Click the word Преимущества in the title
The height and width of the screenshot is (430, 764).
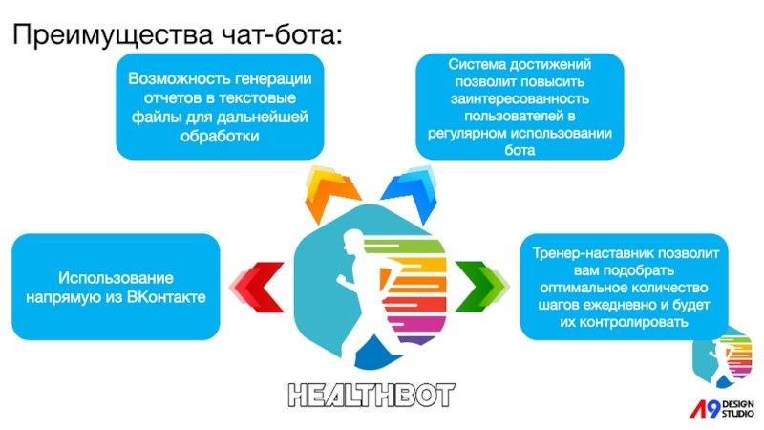113,35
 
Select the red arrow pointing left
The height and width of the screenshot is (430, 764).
257,287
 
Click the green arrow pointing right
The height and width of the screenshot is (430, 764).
481,286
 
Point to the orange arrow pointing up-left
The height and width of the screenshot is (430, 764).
329,194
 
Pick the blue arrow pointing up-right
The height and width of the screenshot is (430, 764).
410,194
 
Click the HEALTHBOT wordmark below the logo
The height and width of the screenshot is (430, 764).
371,396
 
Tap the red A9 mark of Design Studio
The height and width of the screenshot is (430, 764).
705,409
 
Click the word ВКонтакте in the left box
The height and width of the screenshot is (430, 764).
166,297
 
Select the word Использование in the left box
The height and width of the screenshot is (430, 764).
116,278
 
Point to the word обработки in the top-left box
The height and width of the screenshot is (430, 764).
220,136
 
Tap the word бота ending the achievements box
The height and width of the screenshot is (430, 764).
520,150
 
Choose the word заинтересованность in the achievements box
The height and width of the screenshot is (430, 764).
520,99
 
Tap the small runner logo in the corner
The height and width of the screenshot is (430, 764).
723,359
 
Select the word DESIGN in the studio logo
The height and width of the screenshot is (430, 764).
737,404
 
